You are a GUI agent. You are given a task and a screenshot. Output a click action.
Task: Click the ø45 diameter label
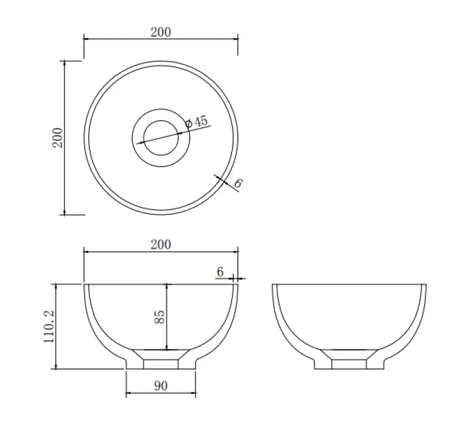coord(196,122)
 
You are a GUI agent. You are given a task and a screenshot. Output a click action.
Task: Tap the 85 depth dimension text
coord(160,317)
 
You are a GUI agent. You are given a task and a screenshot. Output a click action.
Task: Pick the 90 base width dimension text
coord(161,386)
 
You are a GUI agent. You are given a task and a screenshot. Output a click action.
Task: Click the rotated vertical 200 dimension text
coord(57,137)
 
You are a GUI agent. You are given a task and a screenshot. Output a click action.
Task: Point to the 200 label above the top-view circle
coord(161,32)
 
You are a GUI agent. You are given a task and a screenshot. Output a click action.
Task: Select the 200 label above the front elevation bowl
coord(161,244)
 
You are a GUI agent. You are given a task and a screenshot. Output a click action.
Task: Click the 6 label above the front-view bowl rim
coord(220,271)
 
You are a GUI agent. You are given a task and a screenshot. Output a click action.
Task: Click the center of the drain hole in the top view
coord(161,137)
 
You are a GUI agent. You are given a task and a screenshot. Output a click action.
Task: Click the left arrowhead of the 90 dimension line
coord(127,394)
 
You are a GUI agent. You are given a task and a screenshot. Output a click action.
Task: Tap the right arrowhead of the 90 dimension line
coord(195,394)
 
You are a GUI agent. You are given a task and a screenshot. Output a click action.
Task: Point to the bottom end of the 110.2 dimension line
coord(56,368)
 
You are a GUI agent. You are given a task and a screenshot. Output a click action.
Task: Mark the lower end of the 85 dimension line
coord(167,350)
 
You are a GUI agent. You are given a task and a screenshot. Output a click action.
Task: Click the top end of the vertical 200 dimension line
coord(64,61)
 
